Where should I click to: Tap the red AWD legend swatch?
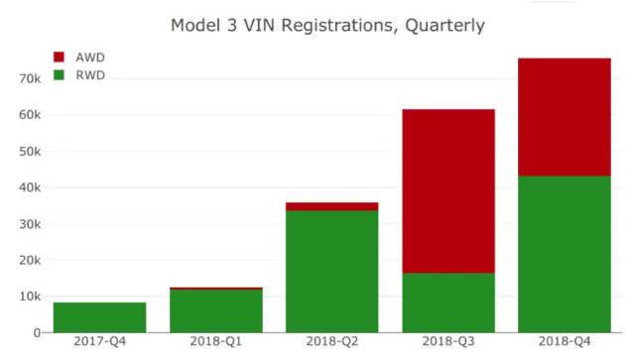click(x=58, y=57)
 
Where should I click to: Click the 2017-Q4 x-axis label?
click(x=99, y=345)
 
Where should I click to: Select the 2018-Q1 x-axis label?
click(x=215, y=345)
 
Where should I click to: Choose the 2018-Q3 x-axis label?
click(x=448, y=345)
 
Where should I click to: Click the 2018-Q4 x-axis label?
click(x=564, y=345)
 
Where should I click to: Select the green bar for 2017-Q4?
click(x=99, y=317)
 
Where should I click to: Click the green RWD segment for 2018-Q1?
click(x=215, y=311)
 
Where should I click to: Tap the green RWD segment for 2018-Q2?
click(x=332, y=272)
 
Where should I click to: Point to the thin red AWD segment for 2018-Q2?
click(x=332, y=206)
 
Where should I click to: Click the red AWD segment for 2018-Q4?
click(x=564, y=117)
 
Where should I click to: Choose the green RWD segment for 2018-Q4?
click(x=564, y=254)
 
